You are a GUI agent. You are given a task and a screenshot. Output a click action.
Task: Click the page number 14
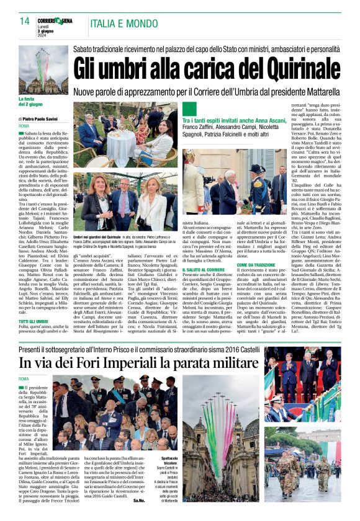tap(25, 21)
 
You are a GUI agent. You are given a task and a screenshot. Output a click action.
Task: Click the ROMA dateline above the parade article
tap(24, 379)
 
